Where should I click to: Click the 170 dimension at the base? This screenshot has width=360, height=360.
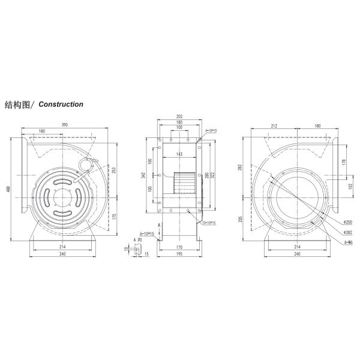[x=179, y=246]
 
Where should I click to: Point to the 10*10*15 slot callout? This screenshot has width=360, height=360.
[x=209, y=223]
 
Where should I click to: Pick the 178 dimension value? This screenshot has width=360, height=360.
[x=343, y=162]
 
